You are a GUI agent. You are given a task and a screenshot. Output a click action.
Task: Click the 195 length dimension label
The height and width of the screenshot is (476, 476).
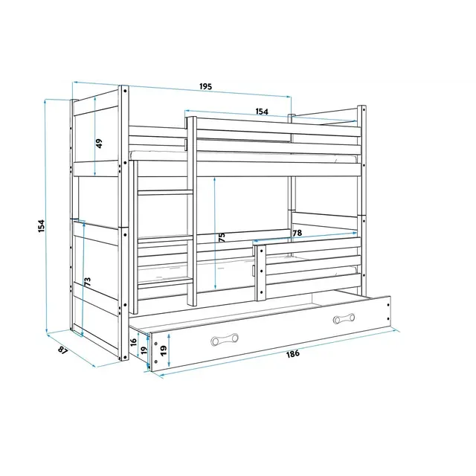click(205, 86)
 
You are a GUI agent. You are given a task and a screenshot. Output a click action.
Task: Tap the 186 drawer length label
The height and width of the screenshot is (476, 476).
click(293, 353)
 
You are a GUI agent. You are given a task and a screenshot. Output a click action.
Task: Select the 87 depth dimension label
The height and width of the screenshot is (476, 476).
click(62, 350)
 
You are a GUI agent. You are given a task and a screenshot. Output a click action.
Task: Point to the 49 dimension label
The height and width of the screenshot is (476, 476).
click(99, 144)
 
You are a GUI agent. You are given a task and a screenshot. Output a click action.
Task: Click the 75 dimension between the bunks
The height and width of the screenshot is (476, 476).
click(222, 237)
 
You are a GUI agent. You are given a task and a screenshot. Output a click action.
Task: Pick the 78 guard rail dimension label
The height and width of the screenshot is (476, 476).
click(297, 233)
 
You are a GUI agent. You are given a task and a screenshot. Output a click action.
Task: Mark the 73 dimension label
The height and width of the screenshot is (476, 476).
click(88, 282)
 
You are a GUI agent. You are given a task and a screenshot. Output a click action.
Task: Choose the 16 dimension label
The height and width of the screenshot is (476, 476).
click(134, 343)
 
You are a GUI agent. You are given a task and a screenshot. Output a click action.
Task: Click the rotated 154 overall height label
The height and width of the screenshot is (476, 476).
click(42, 226)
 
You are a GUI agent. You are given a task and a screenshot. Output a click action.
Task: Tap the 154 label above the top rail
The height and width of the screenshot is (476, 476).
click(262, 112)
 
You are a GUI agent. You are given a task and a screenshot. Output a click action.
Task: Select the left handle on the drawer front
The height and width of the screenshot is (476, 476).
click(225, 339)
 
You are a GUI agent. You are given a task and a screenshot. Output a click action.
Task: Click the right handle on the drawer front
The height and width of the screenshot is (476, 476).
click(344, 318)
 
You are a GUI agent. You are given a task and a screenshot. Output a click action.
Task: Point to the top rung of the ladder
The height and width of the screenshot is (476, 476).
click(165, 193)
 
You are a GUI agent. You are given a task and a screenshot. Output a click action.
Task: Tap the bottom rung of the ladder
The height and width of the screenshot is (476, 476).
click(165, 283)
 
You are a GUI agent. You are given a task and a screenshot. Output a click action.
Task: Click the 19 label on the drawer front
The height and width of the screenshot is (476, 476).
click(164, 350)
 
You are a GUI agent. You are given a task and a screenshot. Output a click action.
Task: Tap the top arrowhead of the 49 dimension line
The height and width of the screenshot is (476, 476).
click(95, 99)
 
